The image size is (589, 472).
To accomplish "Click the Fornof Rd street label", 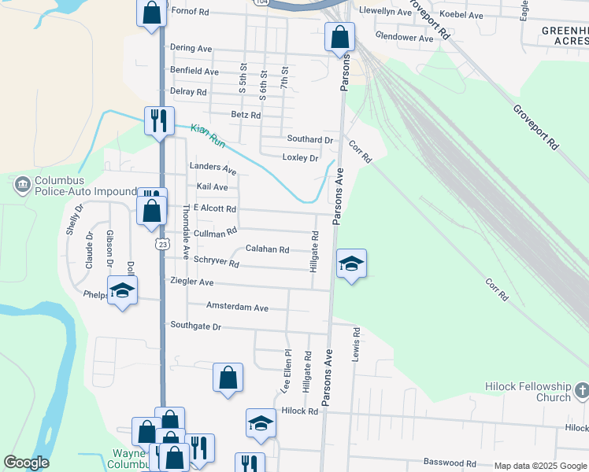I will [190, 12].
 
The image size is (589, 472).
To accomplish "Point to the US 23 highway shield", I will [161, 244].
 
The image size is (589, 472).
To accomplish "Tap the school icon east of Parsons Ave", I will [352, 264].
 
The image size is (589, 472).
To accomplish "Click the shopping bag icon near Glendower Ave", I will [339, 37].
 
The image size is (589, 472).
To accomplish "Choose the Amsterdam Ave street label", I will [237, 308].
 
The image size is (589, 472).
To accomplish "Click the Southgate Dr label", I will [196, 326].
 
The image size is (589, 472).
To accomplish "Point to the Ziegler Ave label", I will [191, 282].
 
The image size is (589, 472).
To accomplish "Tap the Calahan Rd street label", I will [267, 249].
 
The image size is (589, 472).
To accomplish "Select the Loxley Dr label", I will [300, 158].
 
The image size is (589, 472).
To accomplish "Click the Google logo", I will [26, 463].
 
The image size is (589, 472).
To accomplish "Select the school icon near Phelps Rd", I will [123, 290].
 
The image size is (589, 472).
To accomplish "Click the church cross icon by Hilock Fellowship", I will [581, 391].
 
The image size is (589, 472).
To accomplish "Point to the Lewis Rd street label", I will [357, 340].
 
